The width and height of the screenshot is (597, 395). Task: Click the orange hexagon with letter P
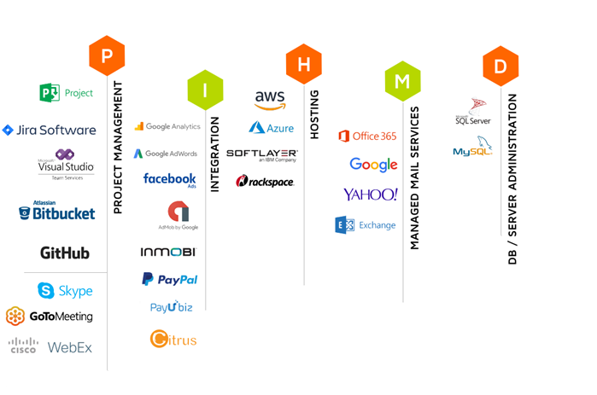[x=107, y=56]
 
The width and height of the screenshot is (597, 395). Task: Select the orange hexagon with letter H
[x=304, y=64]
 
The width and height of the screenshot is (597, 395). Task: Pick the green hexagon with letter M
[x=402, y=82]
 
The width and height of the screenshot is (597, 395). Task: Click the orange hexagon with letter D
[x=500, y=67]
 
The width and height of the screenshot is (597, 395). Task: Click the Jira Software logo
[x=50, y=131]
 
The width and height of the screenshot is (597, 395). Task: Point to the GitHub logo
[x=65, y=253]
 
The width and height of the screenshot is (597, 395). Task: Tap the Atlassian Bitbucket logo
[x=57, y=212]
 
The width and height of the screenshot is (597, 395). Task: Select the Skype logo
[x=65, y=291]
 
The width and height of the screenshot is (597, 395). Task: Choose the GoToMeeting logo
[x=50, y=317]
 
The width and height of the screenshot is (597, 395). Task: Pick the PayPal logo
[x=169, y=279]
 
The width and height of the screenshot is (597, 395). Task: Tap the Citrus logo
[x=173, y=339]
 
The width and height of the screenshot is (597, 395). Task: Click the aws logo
[x=270, y=100]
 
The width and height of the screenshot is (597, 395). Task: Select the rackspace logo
[x=265, y=181]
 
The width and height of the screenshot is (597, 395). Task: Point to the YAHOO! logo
[x=371, y=195]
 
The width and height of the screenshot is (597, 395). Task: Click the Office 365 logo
[x=367, y=136]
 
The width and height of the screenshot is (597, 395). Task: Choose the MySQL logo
[x=472, y=151]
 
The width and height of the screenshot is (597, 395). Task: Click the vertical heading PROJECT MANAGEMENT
[x=119, y=147]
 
